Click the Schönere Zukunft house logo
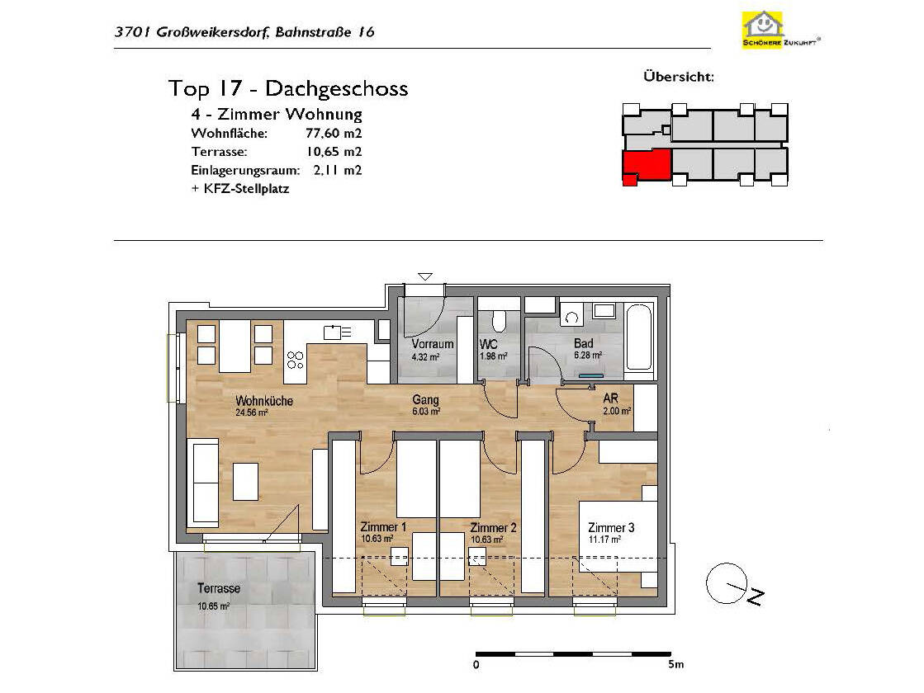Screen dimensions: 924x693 tap(763, 30)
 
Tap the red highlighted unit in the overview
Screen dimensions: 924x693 tap(647, 166)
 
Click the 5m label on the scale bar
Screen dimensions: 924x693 tap(676, 664)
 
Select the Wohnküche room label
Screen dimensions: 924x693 tap(264, 400)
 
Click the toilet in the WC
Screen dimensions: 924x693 tap(499, 320)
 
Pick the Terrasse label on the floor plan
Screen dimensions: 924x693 tap(219, 587)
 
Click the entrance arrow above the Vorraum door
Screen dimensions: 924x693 tap(425, 276)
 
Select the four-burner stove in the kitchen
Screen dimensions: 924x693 tap(296, 359)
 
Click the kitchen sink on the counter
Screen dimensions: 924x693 tap(338, 332)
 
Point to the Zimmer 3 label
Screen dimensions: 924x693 tap(611, 527)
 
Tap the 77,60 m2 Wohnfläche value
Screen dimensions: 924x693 tap(334, 133)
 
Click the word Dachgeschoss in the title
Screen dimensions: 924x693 tap(336, 88)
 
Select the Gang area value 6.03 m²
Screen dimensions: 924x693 tap(426, 411)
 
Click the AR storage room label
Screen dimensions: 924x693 tap(610, 398)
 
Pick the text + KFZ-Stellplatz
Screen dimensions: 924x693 tap(240, 189)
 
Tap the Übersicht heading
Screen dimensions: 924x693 tap(679, 77)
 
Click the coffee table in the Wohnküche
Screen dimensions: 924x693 tap(246, 481)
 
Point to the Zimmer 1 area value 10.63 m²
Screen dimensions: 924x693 tap(377, 539)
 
